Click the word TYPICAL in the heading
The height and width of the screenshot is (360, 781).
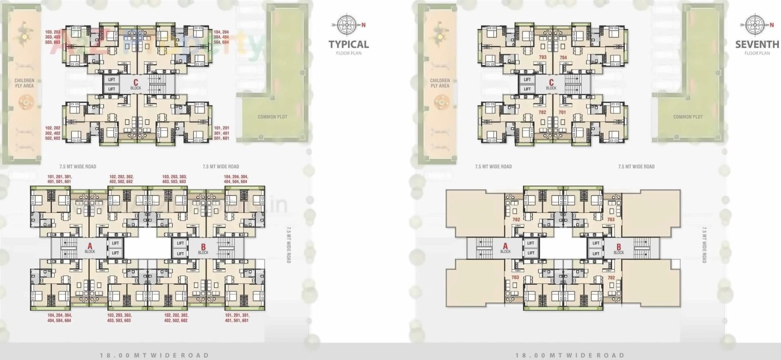(349, 44)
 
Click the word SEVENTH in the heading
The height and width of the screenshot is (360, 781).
(757, 44)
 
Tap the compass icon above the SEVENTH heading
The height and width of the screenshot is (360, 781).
(754, 25)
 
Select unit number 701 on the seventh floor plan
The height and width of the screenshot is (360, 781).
(562, 112)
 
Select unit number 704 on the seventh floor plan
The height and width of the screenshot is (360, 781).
(563, 58)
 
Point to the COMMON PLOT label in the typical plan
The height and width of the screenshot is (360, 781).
(272, 117)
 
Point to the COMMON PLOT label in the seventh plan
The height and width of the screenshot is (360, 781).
(687, 117)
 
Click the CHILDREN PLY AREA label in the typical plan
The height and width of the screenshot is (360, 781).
(24, 83)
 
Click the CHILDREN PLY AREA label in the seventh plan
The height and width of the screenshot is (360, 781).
(440, 83)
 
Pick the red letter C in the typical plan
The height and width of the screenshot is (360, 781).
(136, 82)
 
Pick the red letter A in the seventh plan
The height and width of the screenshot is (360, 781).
(505, 247)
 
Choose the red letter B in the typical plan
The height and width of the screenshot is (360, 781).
(203, 247)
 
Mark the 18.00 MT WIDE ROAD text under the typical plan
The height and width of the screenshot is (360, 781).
(154, 355)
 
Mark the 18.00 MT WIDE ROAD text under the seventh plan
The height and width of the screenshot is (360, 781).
(570, 355)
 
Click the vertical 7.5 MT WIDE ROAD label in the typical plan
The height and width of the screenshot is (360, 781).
(289, 245)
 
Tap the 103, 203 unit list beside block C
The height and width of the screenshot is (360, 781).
(53, 37)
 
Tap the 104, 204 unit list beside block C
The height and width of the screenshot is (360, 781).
(221, 37)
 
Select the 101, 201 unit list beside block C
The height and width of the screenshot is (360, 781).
(222, 133)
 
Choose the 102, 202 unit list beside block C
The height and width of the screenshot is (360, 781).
(53, 133)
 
